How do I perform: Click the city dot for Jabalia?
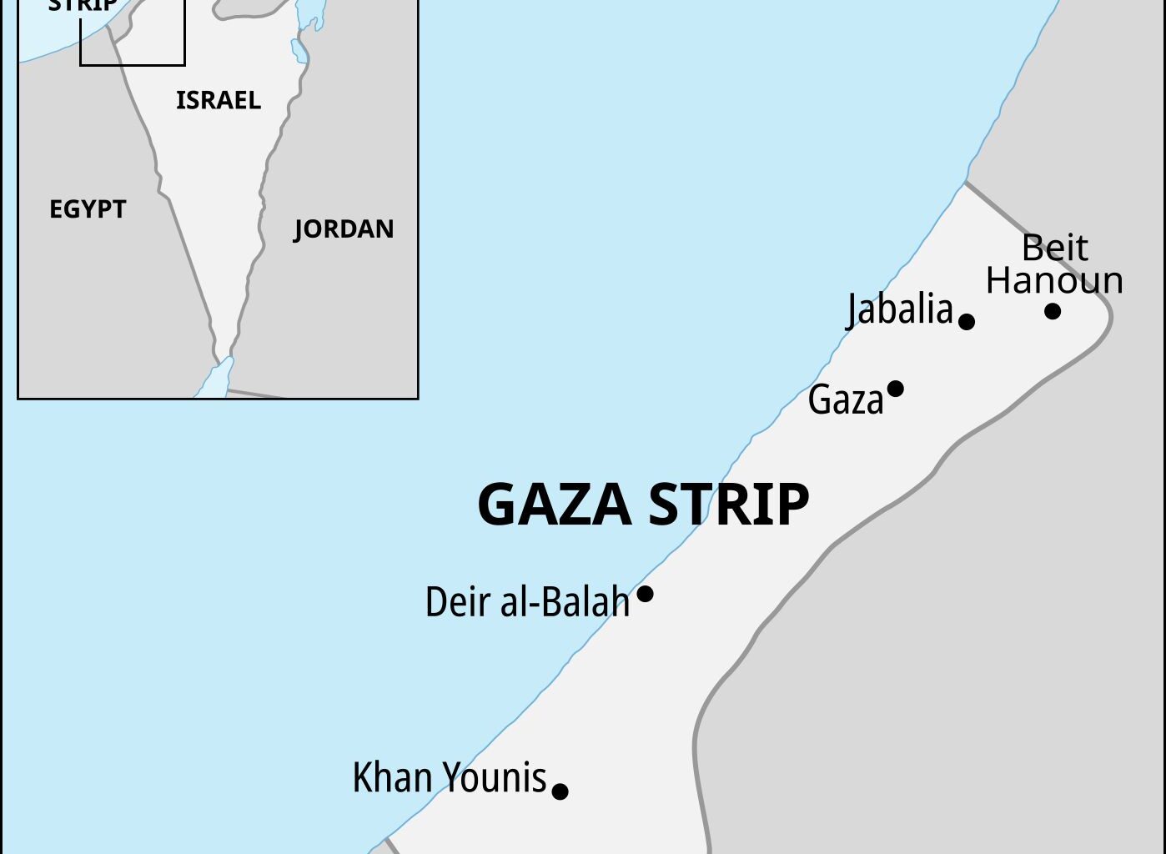point(967,321)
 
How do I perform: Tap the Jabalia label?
point(900,309)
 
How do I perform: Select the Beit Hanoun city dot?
point(1053,311)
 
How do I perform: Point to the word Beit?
point(1055,248)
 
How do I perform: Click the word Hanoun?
point(1054,280)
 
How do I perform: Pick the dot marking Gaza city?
point(896,389)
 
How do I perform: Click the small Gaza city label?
point(845,400)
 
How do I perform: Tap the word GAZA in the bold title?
point(554,504)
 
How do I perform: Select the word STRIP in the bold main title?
point(728,504)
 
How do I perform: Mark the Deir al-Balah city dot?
point(645,595)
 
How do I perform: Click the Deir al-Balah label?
point(527,601)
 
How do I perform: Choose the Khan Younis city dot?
point(560,791)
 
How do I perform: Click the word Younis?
point(494,777)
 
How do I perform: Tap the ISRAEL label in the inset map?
point(219,100)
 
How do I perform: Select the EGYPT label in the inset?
point(88,208)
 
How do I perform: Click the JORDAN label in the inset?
point(344,229)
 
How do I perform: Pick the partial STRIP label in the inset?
point(83,6)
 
